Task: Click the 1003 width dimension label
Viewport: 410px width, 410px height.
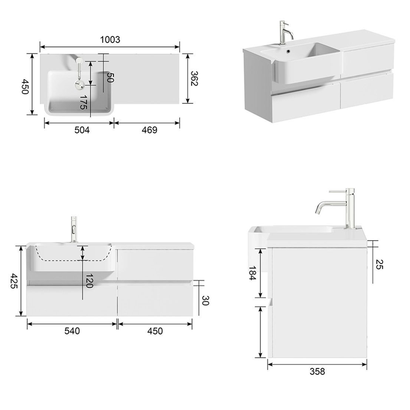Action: pos(110,39)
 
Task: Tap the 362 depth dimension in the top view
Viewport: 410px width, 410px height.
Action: pos(194,78)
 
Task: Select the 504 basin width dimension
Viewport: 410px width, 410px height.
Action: pos(82,129)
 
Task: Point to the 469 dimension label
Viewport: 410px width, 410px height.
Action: pos(149,129)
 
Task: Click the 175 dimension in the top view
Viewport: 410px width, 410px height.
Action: pos(83,102)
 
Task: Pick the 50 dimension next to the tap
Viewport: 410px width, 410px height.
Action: pos(110,78)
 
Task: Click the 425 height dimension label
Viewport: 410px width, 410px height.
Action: pos(14,281)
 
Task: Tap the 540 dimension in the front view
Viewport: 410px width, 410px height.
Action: pos(72,331)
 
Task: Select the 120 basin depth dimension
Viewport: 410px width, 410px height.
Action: pos(89,281)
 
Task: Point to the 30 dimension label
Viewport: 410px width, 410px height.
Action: pos(205,300)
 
